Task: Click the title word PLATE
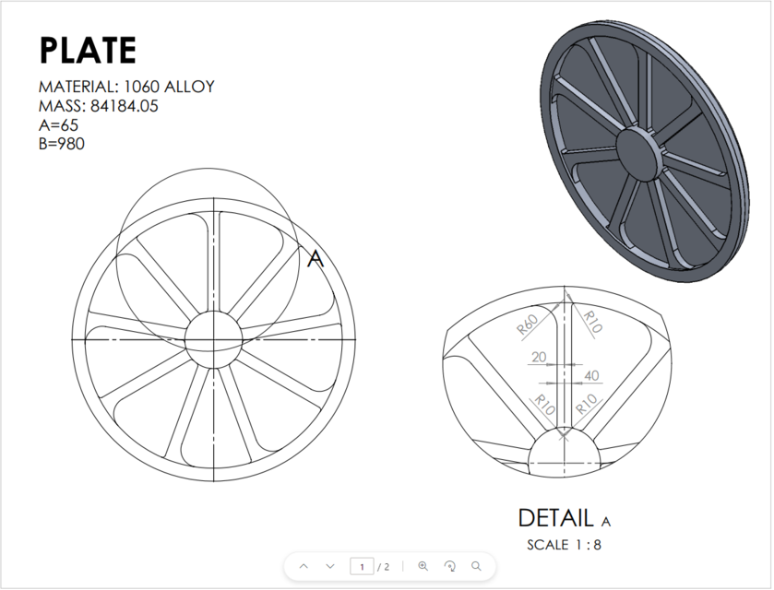pos(87,51)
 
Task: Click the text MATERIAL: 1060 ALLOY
pos(126,87)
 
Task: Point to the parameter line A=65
pos(58,124)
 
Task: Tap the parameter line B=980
pos(62,143)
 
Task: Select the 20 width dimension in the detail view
pos(538,358)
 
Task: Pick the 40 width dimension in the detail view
pos(591,376)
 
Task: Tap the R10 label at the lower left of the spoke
pos(543,404)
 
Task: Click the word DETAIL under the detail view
pos(556,518)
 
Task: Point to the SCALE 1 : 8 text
pos(564,545)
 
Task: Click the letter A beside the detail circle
pos(316,260)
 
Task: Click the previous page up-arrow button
pos(304,566)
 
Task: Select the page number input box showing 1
pos(362,566)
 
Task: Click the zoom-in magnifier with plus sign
pos(423,566)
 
